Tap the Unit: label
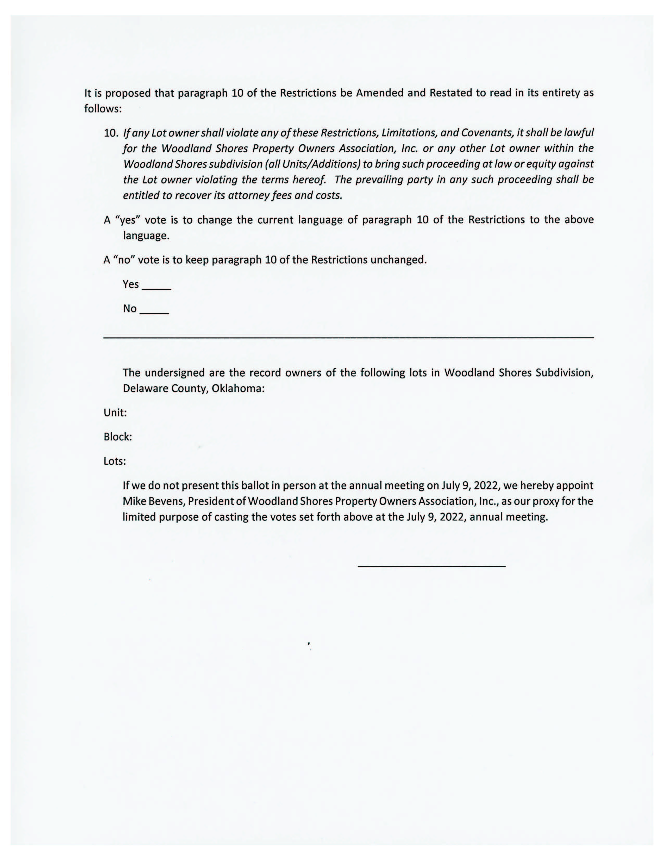115,413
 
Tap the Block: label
118,437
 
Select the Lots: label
115,461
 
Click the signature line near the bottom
431,566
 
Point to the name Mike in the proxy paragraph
133,501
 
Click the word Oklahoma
238,389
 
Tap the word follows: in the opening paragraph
103,109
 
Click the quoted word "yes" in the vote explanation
127,220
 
